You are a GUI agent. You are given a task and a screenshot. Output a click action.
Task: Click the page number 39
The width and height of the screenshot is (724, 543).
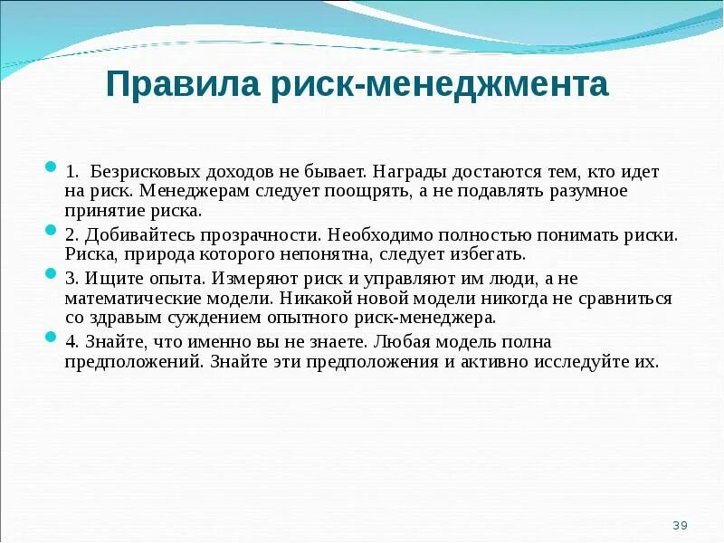tap(681, 526)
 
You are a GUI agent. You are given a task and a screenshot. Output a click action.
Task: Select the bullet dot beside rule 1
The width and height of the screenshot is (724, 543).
tap(51, 168)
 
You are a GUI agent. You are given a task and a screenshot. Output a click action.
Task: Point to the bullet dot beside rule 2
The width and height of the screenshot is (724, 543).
tap(51, 232)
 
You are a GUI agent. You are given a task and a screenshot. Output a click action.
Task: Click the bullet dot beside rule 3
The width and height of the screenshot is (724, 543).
tap(51, 273)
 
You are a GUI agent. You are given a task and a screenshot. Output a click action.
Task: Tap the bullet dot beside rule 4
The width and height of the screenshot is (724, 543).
tap(51, 337)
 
